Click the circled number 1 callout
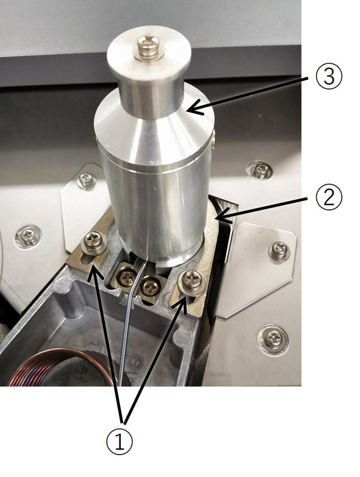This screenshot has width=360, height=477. point(119,442)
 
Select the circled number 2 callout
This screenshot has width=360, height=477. point(329,198)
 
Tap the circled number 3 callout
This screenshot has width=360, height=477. point(329,76)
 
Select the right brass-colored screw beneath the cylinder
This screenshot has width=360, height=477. point(149,285)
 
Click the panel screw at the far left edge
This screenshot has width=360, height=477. point(28,236)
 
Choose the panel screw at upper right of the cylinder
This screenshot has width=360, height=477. point(259,170)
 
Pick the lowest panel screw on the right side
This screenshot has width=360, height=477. point(273,340)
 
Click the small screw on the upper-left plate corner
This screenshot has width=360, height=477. point(87,180)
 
